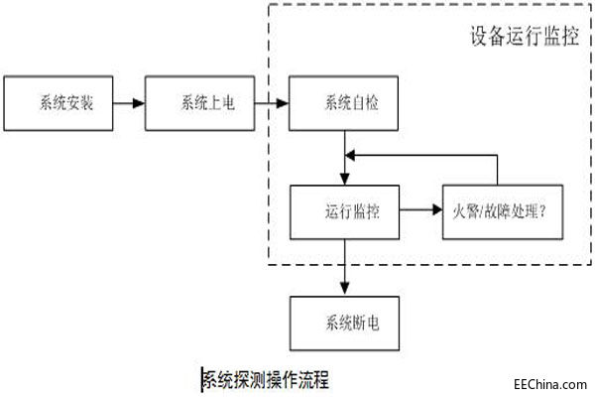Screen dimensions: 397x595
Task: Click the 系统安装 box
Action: [x=66, y=103]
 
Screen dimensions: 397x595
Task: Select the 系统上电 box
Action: [x=200, y=103]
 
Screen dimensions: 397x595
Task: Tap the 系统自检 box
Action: [x=344, y=103]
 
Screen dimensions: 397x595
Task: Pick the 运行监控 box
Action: [x=344, y=210]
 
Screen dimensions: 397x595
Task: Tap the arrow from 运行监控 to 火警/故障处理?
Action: [x=420, y=210]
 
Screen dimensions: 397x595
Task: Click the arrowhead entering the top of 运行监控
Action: [x=344, y=180]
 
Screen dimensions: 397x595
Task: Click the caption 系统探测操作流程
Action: [x=265, y=379]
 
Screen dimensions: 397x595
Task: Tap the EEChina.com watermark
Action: [x=549, y=381]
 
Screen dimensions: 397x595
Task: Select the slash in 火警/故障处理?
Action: [x=479, y=211]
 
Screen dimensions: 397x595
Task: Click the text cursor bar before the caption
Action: [x=201, y=379]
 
